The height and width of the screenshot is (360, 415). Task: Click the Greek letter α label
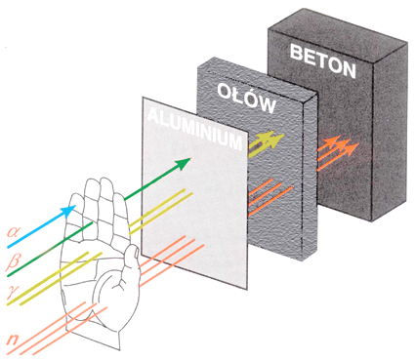pos(14,232)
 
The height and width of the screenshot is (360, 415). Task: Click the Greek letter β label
pos(14,261)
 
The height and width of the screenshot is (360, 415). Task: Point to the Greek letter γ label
pos(14,291)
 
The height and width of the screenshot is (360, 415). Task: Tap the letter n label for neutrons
pos(13,340)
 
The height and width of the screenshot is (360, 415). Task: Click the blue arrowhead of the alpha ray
pos(69,211)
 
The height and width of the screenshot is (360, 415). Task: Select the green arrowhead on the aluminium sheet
pos(183,163)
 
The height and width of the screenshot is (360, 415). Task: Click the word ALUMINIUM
pos(194,129)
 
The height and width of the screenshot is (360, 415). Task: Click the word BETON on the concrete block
pos(322,61)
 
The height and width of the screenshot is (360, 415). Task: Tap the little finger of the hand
pos(77,208)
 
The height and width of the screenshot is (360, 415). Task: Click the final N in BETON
pos(349,70)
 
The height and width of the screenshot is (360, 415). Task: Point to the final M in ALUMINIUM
pos(235,141)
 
